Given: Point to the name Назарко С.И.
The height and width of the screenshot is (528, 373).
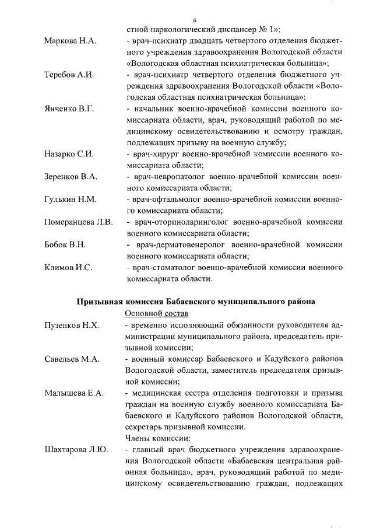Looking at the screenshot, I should click(x=69, y=155).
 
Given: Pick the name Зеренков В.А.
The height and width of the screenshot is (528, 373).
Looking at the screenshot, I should click(x=71, y=177).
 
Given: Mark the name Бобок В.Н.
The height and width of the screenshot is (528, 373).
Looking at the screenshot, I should click(x=65, y=244).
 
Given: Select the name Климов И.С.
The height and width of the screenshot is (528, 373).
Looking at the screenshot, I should click(x=68, y=267).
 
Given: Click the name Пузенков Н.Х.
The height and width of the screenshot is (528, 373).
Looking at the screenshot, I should click(x=72, y=324).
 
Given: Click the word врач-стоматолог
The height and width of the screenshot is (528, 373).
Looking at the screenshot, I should click(x=158, y=267).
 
